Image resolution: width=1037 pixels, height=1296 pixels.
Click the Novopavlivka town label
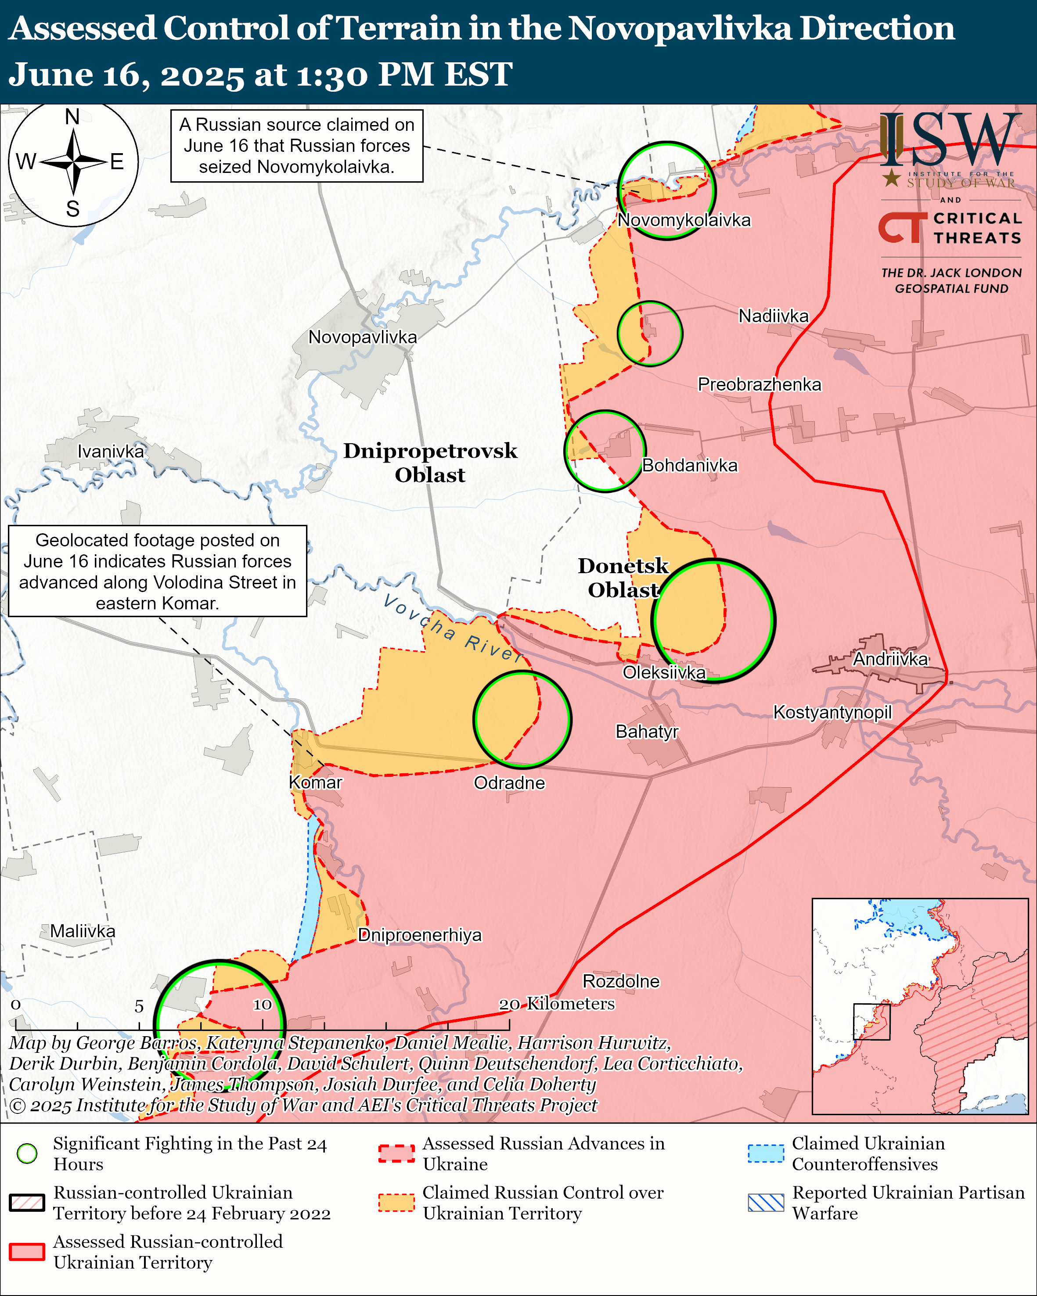point(363,337)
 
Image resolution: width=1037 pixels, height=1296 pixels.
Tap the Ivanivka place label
point(111,452)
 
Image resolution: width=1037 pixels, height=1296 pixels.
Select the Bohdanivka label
point(690,465)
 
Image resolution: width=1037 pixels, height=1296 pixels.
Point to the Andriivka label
point(890,659)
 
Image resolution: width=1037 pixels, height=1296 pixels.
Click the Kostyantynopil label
point(832,712)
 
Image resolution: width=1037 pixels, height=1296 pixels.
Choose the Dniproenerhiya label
point(420,935)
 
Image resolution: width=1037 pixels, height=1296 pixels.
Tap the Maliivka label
point(83,931)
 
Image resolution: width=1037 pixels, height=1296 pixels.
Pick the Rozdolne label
point(621,981)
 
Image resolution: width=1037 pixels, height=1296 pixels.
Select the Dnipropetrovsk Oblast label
point(430,463)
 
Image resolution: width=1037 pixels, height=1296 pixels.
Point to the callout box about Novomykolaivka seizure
point(297,145)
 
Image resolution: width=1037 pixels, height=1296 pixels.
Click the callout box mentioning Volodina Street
point(158,571)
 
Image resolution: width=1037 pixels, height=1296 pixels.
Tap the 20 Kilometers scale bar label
point(557,1004)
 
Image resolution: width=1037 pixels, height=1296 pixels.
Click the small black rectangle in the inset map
point(871,1021)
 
